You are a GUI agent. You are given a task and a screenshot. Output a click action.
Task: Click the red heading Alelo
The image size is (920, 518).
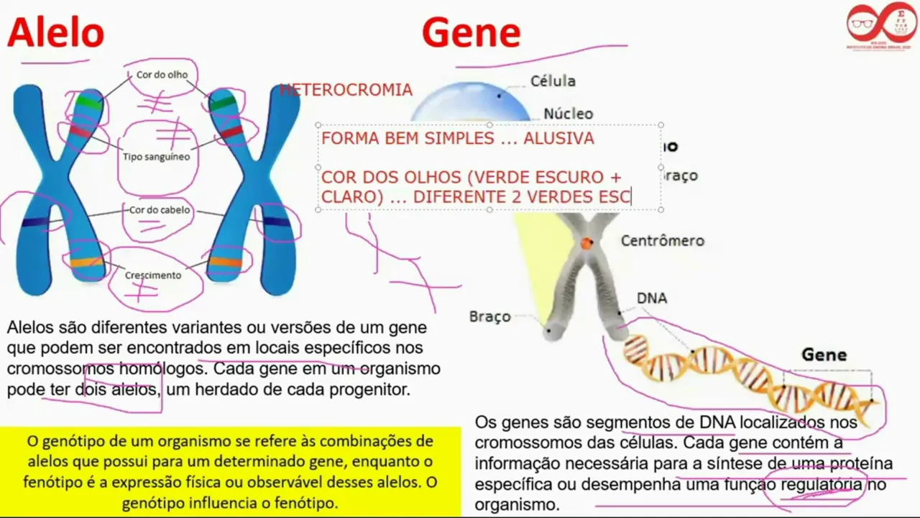56,32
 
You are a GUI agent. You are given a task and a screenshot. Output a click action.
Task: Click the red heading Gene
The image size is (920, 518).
471,32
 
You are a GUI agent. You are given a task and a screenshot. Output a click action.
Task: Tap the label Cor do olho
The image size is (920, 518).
162,74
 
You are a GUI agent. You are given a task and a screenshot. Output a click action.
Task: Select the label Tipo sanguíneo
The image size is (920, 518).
157,156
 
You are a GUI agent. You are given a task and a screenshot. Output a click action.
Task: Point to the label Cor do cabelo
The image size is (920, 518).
160,210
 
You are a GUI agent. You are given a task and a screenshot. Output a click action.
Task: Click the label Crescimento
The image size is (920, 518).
153,275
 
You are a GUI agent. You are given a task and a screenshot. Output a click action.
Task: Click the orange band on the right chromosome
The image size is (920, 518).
225,262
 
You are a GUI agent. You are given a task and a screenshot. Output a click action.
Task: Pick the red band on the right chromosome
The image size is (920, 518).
231,132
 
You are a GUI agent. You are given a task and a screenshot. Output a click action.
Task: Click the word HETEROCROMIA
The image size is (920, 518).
346,90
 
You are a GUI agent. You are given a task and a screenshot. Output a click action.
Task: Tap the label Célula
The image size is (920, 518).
553,81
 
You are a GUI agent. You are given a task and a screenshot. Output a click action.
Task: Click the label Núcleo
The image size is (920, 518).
568,114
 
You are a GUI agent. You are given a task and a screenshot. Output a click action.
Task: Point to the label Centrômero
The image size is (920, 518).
663,241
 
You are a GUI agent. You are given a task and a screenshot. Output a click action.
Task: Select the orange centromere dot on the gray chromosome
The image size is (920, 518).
587,243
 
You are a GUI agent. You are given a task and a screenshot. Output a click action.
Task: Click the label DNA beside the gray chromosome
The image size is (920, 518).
652,298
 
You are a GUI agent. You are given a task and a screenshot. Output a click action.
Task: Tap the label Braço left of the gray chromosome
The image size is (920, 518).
489,317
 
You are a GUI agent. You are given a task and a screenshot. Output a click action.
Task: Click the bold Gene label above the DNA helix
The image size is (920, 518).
824,355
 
